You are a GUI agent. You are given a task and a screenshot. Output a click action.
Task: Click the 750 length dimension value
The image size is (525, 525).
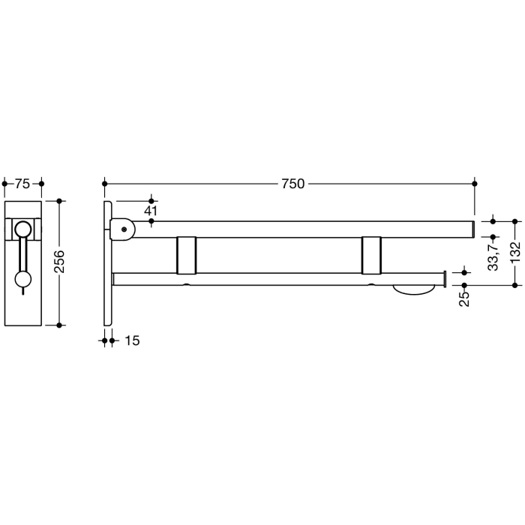click(x=292, y=183)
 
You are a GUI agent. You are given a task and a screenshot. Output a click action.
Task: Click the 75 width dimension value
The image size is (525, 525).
click(x=22, y=183)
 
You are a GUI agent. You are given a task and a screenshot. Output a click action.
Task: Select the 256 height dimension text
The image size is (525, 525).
click(x=61, y=262)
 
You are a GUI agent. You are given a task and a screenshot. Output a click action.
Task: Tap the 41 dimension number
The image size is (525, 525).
click(x=151, y=211)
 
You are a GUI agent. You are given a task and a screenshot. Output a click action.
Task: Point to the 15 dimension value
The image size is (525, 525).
click(x=131, y=340)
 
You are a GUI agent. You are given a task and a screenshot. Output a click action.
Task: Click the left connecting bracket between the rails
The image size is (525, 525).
click(x=186, y=255)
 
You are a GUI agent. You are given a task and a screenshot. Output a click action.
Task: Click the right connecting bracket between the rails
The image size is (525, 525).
click(x=371, y=255)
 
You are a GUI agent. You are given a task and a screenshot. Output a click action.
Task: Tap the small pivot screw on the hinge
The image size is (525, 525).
click(x=123, y=229)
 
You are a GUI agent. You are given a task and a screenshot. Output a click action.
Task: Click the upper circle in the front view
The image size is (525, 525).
click(x=23, y=230)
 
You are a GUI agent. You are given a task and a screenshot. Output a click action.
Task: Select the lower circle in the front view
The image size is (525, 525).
click(x=23, y=280)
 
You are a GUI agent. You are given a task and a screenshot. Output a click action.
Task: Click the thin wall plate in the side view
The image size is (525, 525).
click(x=109, y=262)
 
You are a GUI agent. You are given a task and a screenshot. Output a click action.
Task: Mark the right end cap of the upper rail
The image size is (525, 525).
click(x=473, y=229)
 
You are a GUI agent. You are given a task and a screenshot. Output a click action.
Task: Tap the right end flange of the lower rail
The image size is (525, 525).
click(x=445, y=279)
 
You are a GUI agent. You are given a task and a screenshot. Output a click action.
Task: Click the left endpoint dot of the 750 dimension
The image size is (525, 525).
click(x=105, y=183)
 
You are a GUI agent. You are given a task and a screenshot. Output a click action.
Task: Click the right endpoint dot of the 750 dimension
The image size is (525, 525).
click(x=474, y=183)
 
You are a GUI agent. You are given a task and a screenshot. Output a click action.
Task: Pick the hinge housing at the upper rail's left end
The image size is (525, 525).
click(x=123, y=229)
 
